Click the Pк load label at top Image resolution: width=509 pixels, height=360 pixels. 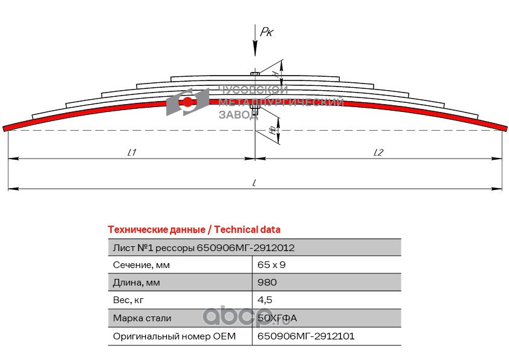(x=267, y=32)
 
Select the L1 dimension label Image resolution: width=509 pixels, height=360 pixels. (x=131, y=152)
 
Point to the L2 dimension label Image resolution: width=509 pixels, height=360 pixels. (x=378, y=152)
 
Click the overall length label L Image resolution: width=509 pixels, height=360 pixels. (x=254, y=183)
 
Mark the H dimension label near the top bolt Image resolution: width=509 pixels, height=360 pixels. (x=275, y=74)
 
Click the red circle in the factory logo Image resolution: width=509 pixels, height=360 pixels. (x=187, y=102)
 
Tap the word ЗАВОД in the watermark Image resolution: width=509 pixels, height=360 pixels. (x=238, y=114)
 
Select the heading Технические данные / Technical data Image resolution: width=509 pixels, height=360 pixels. (x=194, y=229)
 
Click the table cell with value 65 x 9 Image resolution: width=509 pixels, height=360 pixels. (x=271, y=265)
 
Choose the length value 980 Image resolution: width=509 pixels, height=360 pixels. (x=267, y=282)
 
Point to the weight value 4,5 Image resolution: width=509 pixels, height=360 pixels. (x=265, y=300)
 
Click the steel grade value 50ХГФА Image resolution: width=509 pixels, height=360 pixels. (x=277, y=318)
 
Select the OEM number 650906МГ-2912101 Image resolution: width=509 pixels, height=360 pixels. (x=306, y=336)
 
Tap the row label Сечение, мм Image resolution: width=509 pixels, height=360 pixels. (x=141, y=265)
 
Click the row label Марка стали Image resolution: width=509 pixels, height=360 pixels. (x=142, y=318)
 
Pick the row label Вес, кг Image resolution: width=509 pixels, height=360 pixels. (x=128, y=300)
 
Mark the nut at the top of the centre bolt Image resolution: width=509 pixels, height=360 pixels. (x=255, y=74)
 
